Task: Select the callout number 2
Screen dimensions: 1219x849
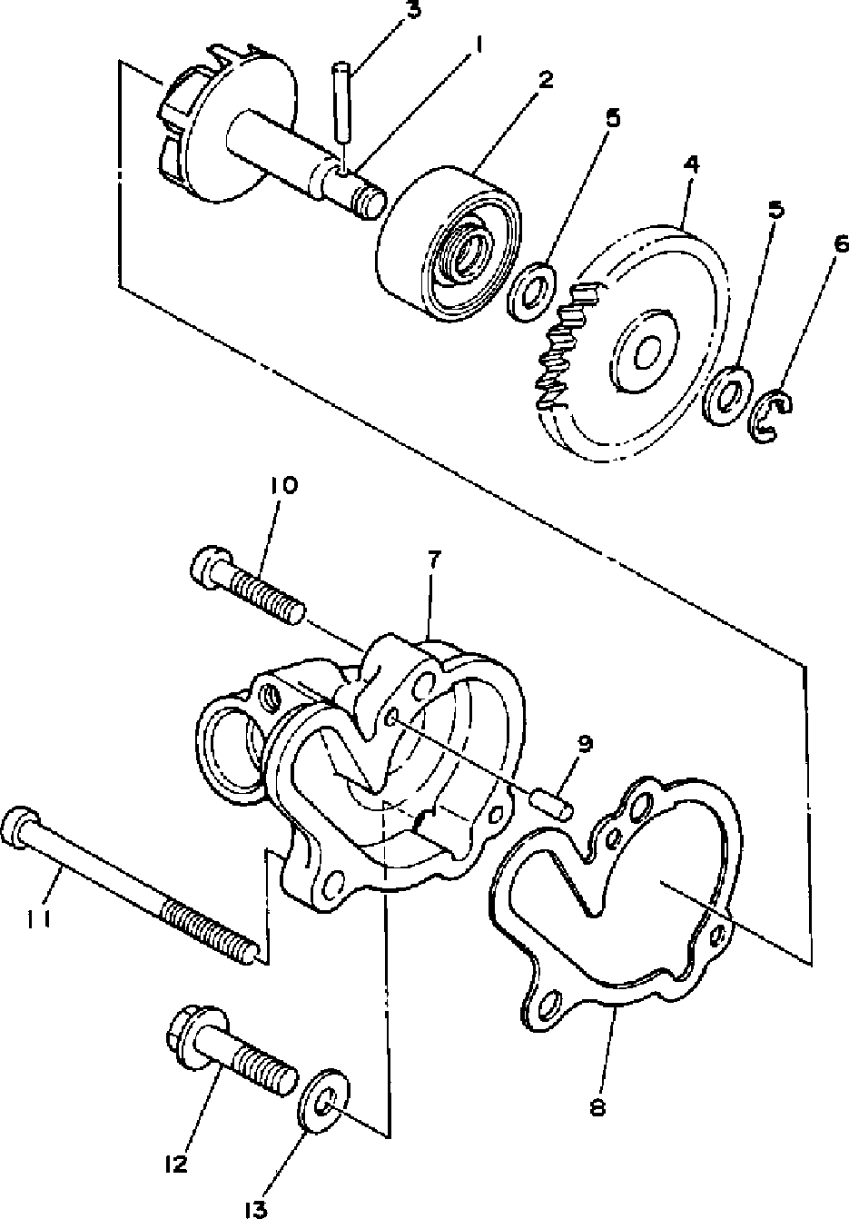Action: pyautogui.click(x=545, y=79)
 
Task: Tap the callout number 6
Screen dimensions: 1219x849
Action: pyautogui.click(x=840, y=243)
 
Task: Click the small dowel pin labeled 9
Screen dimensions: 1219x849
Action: pyautogui.click(x=552, y=804)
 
